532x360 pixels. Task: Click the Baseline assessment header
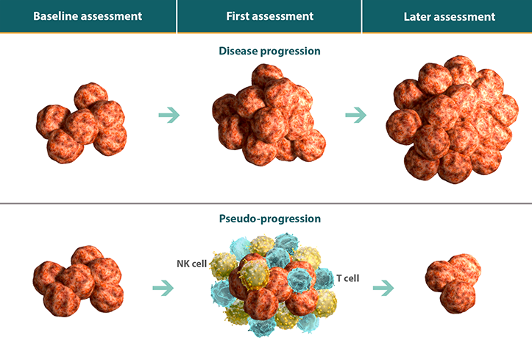pos(88,16)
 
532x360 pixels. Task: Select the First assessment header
pos(270,16)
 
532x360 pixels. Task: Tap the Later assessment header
pos(449,17)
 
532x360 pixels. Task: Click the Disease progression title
pos(269,51)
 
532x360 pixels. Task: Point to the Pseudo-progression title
pos(270,219)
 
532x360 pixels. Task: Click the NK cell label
pos(192,264)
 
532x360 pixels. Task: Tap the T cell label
pos(348,278)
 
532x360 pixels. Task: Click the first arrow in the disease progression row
pos(169,115)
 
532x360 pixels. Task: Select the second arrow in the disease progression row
pos(356,115)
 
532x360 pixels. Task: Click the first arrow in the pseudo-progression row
pos(163,288)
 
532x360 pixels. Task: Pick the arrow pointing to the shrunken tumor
pos(383,288)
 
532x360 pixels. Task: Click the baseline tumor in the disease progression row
pos(82,123)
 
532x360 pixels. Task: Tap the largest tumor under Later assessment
pos(453,119)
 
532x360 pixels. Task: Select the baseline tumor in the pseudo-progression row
pos(78,281)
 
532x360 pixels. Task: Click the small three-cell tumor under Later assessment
pos(453,283)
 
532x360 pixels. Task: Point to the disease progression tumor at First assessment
pos(269,115)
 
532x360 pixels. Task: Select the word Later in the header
pos(417,17)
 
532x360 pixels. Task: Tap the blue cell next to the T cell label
pos(324,278)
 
